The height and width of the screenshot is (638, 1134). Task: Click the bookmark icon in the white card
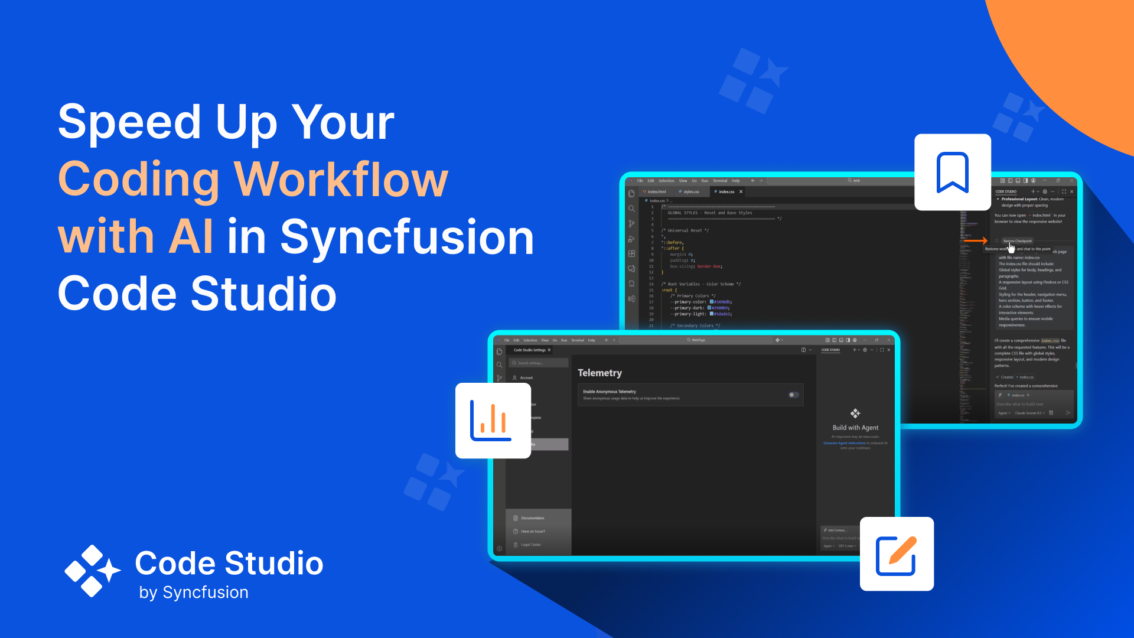pyautogui.click(x=952, y=172)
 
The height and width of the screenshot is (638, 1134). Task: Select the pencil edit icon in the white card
pyautogui.click(x=897, y=555)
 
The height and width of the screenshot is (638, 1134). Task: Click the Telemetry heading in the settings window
pyautogui.click(x=599, y=373)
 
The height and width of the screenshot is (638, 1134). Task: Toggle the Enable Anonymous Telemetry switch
pyautogui.click(x=794, y=395)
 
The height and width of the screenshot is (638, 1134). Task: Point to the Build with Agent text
pyautogui.click(x=855, y=428)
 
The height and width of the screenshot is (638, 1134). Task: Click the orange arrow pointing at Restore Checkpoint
pyautogui.click(x=976, y=240)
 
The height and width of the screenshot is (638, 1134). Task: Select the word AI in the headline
pyautogui.click(x=190, y=236)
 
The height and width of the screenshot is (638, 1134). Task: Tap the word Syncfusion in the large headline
pyautogui.click(x=407, y=236)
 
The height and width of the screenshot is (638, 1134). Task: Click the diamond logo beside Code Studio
pyautogui.click(x=92, y=571)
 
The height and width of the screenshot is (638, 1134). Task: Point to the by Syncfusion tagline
pyautogui.click(x=194, y=593)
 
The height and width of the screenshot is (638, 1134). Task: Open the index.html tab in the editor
pyautogui.click(x=656, y=191)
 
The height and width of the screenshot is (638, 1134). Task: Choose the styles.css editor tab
pyautogui.click(x=691, y=191)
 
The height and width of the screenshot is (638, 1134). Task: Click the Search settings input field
pyautogui.click(x=539, y=363)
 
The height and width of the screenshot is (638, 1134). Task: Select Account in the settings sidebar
pyautogui.click(x=526, y=377)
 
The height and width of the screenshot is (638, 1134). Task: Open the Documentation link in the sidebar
pyautogui.click(x=532, y=518)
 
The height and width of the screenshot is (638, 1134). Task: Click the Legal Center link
pyautogui.click(x=530, y=545)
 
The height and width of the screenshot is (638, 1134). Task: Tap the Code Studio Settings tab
pyautogui.click(x=529, y=350)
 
